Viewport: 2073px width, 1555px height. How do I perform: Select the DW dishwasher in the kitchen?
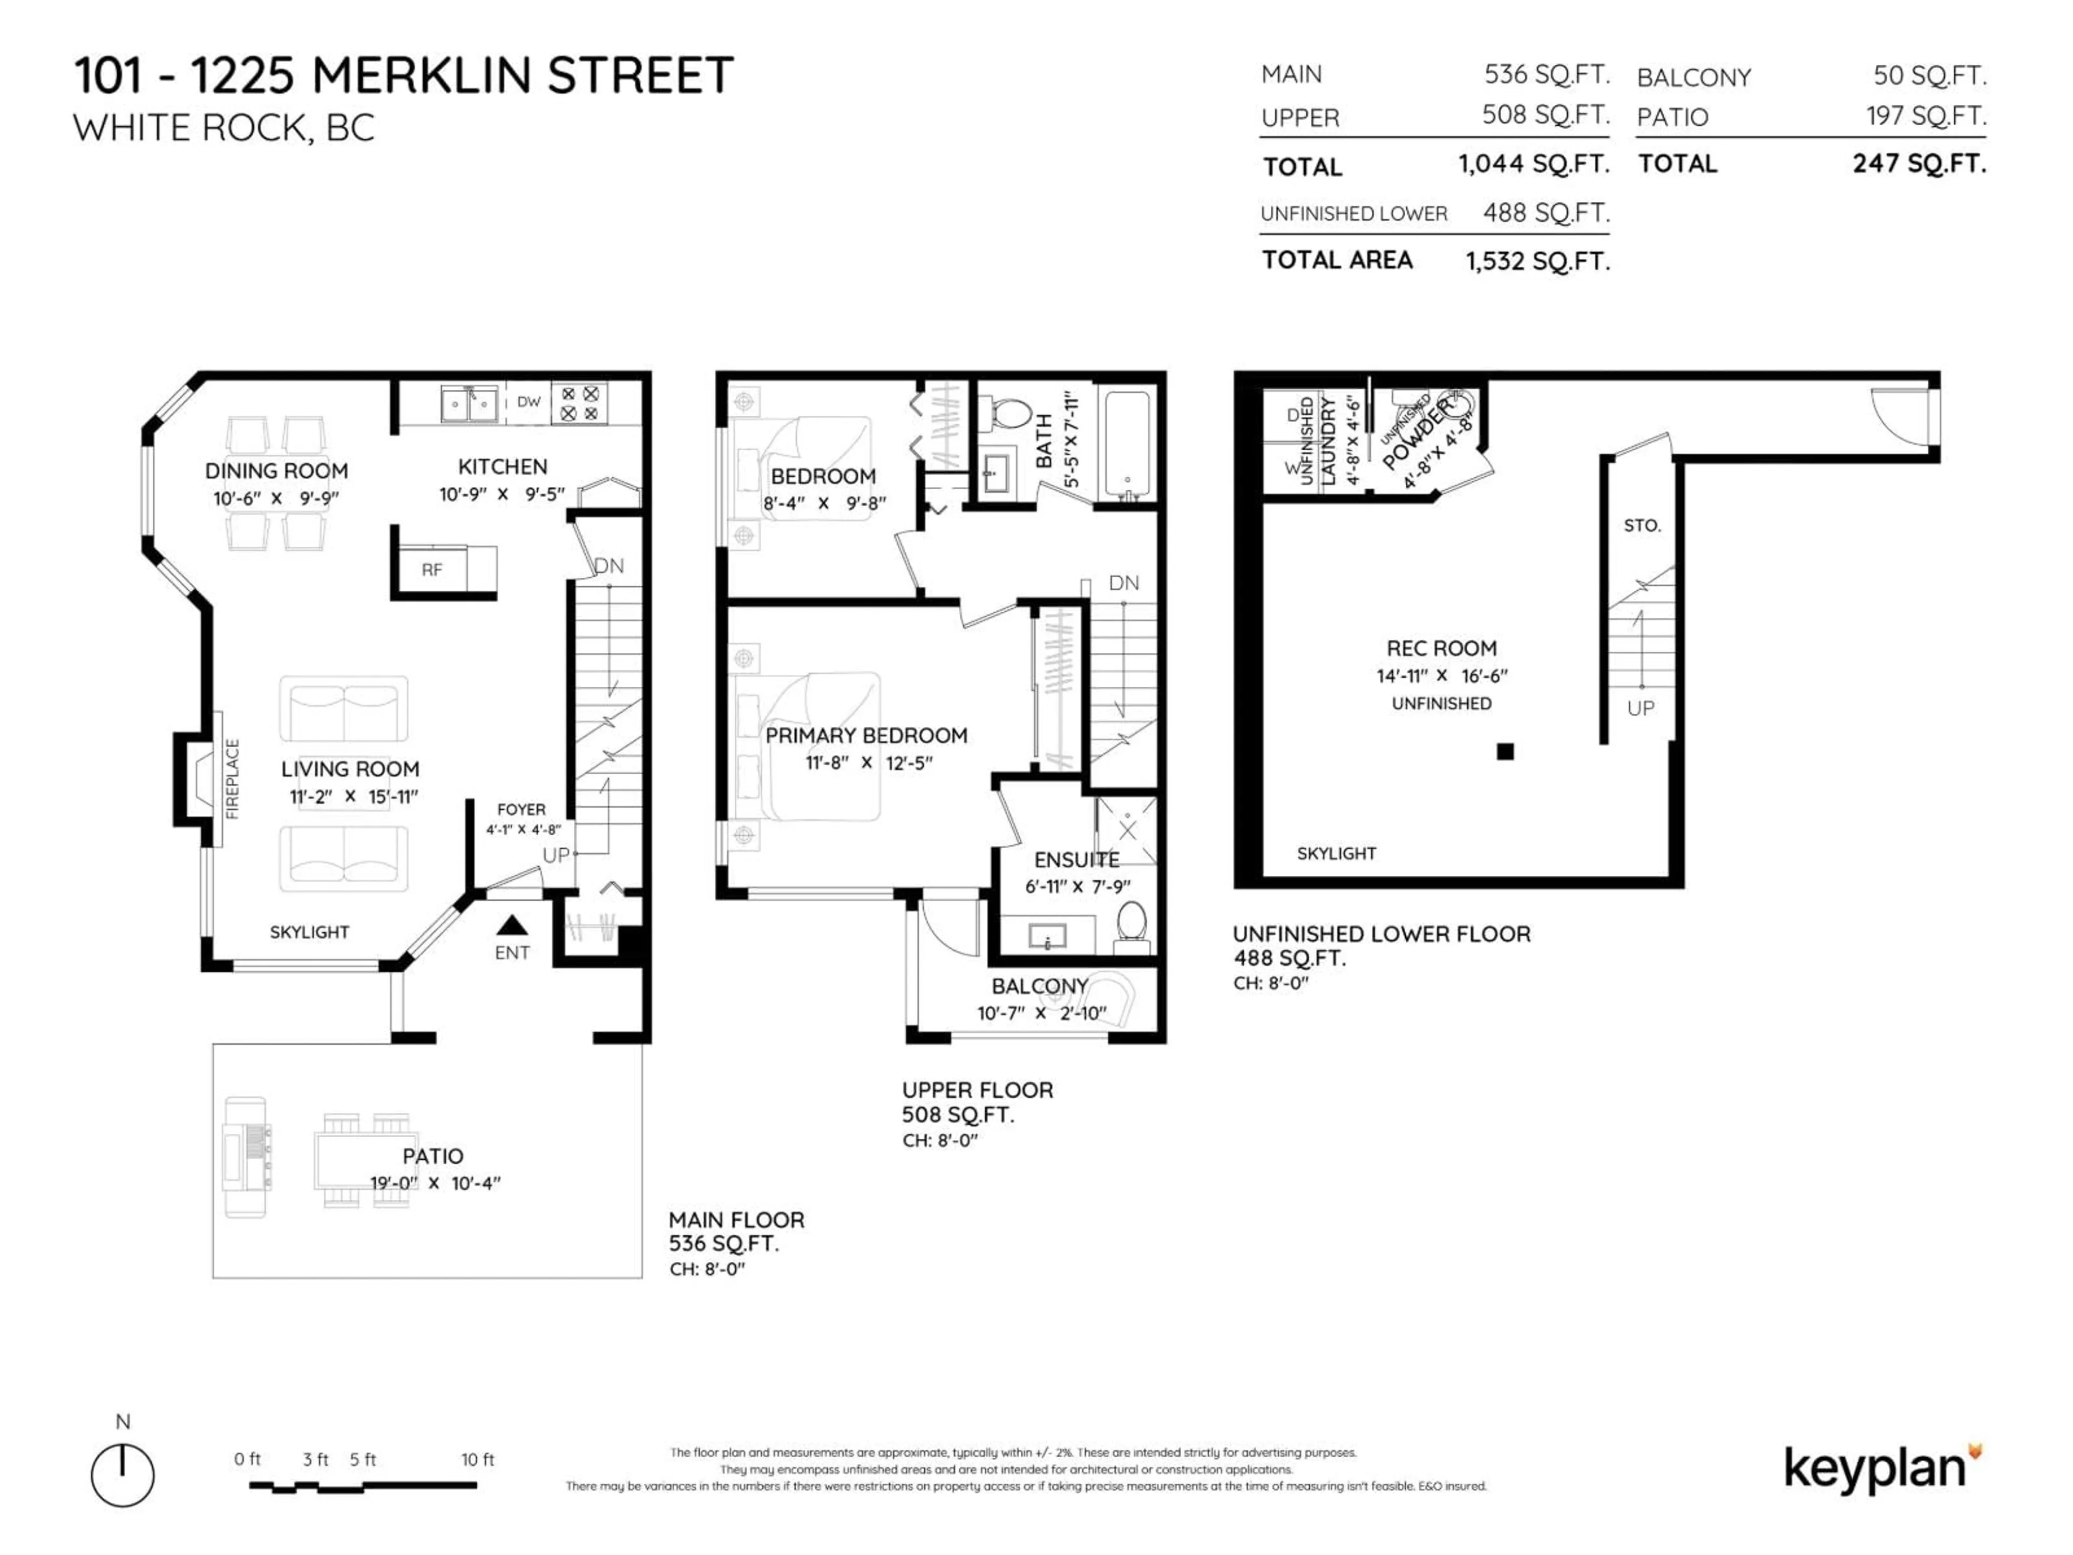[x=529, y=402]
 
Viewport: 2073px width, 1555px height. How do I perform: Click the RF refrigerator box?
[x=432, y=569]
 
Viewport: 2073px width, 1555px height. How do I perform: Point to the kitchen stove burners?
[x=579, y=403]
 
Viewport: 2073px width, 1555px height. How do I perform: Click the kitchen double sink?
[x=469, y=404]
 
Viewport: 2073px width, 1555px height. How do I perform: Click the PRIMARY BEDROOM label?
[x=866, y=736]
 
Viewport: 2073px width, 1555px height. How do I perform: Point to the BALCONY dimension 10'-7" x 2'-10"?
[x=1041, y=1014]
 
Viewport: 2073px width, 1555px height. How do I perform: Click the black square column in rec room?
[x=1505, y=751]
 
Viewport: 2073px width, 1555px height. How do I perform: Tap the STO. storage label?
[x=1642, y=526]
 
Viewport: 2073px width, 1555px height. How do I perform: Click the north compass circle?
[x=123, y=1475]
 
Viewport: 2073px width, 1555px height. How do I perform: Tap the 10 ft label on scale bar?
[x=477, y=1459]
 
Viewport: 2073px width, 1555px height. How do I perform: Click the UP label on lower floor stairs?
[x=1640, y=708]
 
